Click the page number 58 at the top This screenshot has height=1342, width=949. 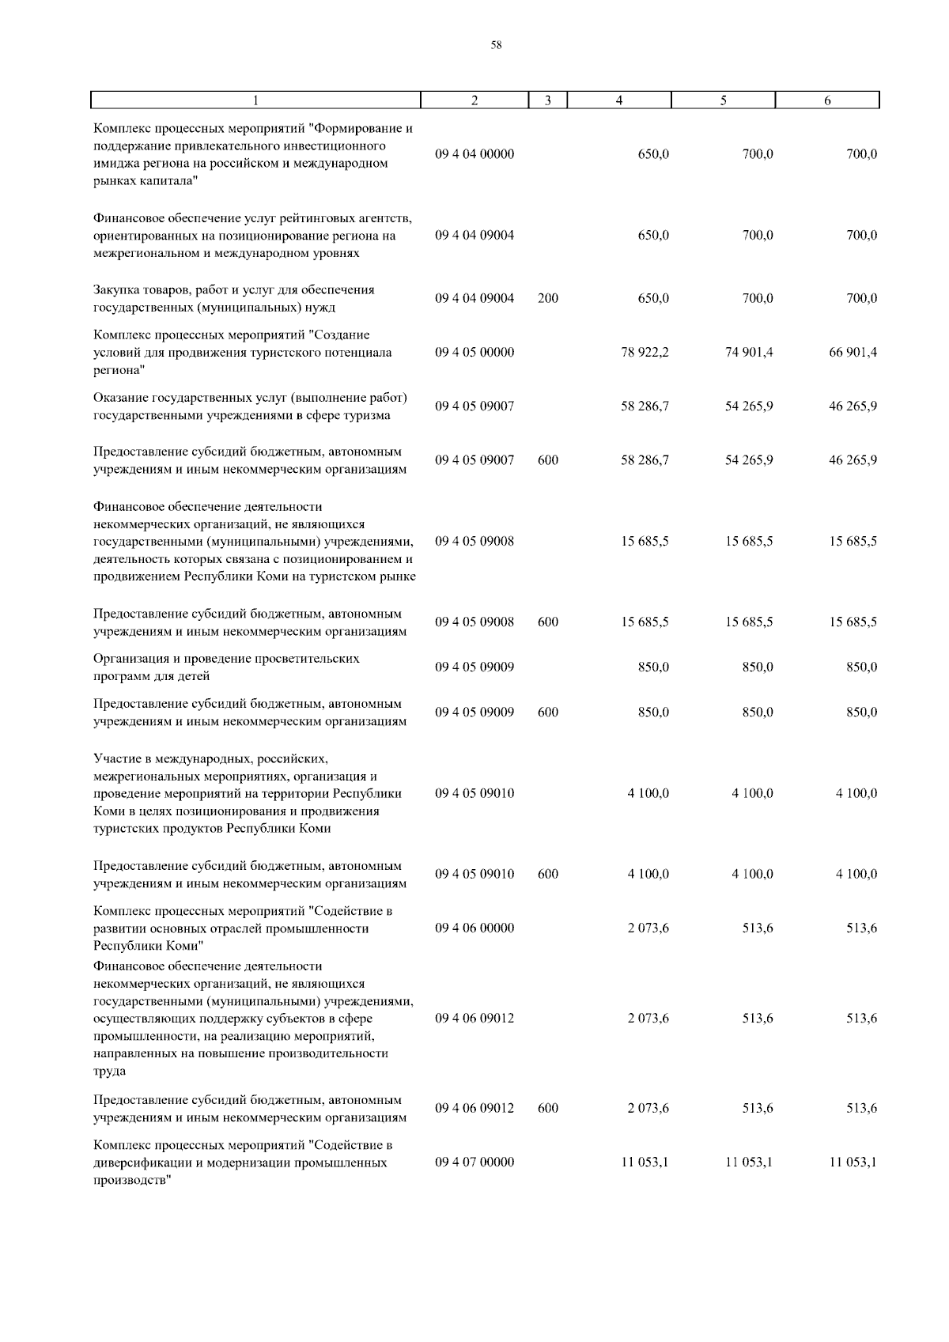click(x=496, y=46)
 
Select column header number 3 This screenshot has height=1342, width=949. click(x=548, y=100)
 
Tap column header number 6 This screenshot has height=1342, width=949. click(x=827, y=100)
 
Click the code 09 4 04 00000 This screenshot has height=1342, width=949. click(x=475, y=154)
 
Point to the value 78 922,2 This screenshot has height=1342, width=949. click(x=645, y=353)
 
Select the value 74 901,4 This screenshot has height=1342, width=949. click(x=749, y=353)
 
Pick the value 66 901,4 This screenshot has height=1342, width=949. click(x=853, y=353)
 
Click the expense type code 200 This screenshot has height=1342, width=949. click(x=548, y=299)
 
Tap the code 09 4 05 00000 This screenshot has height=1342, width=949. click(x=475, y=353)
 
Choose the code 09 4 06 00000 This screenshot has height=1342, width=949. click(x=475, y=928)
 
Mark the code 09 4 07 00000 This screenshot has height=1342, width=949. click(x=475, y=1162)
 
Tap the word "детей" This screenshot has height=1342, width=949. click(x=194, y=677)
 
